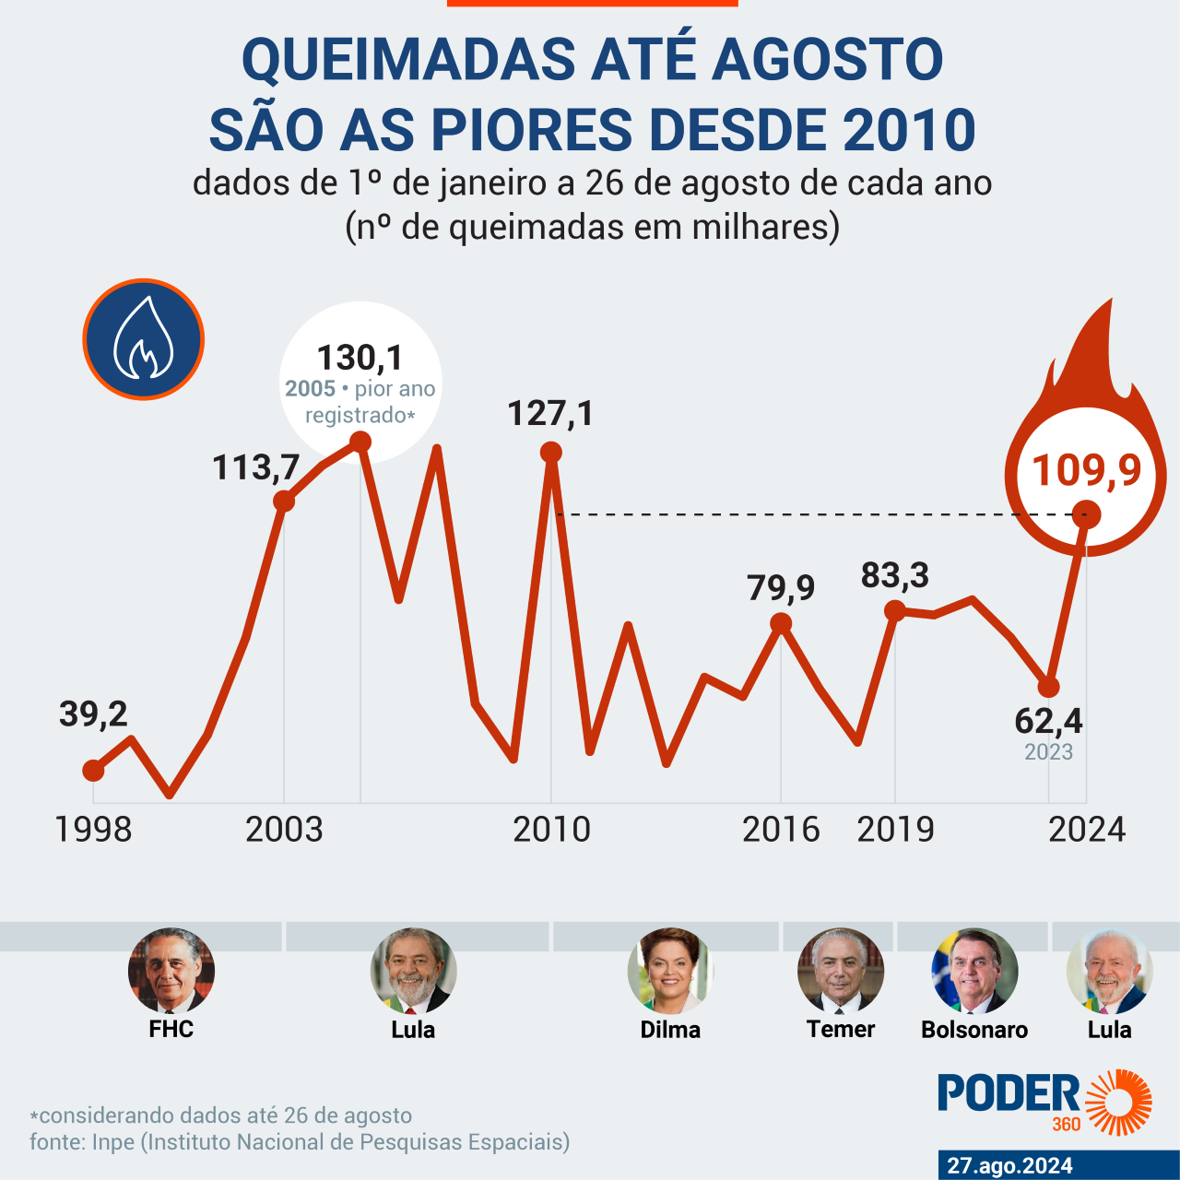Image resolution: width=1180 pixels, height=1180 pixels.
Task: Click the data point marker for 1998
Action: pos(93,770)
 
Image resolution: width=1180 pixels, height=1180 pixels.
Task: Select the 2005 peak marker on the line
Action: pos(360,442)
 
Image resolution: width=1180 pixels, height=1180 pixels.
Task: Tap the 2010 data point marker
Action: pos(551,452)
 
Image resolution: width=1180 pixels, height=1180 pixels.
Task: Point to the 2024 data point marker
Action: pos(1087,515)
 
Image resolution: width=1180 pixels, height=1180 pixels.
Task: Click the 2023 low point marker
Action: pos(1048,687)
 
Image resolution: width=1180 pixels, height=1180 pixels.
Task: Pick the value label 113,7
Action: pos(255,467)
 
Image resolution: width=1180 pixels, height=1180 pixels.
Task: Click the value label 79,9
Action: pos(781,587)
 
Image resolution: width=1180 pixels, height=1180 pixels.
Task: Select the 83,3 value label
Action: pos(895,575)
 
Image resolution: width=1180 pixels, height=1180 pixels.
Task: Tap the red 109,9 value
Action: pos(1087,470)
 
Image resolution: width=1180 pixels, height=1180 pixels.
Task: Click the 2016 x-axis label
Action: pos(781,830)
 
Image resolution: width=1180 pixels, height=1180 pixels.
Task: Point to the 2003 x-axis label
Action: pos(284,830)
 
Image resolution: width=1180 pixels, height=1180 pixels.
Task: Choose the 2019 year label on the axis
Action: pos(895,830)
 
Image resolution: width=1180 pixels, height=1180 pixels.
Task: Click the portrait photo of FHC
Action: pos(171,971)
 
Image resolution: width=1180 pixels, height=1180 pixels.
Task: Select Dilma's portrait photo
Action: pos(670,971)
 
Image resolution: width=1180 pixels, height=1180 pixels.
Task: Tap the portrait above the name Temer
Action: pos(840,971)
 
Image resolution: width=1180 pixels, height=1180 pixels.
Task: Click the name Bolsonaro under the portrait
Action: pos(974,1030)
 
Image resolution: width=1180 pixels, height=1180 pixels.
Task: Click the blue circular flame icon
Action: pos(144,339)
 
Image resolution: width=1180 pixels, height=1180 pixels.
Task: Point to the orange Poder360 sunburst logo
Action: pos(1118,1101)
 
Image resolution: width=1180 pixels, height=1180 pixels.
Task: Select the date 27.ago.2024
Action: pos(1009,1165)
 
